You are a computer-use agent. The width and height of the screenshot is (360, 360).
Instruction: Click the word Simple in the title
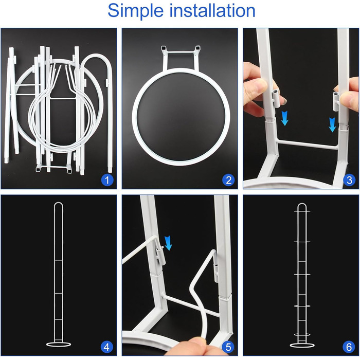(135, 11)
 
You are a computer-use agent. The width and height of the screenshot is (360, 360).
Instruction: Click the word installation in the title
(212, 11)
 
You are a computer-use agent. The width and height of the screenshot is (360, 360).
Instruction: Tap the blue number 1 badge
(107, 180)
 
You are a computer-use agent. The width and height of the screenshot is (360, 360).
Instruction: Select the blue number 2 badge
(228, 180)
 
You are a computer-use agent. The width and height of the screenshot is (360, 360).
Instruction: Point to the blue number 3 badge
(349, 180)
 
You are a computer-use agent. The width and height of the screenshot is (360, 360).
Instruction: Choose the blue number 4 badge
(106, 347)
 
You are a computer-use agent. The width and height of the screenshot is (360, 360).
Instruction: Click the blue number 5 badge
(228, 347)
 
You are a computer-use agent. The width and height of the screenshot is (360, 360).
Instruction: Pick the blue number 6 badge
(349, 347)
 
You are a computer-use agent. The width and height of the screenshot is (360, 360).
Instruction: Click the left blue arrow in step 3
(285, 118)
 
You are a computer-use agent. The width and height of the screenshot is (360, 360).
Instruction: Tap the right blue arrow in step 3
(332, 124)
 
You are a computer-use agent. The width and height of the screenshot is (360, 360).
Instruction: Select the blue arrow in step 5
(168, 243)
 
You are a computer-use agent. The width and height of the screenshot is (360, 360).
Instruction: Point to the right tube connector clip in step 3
(336, 101)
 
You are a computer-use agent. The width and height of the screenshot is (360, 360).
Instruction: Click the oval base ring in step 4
(59, 345)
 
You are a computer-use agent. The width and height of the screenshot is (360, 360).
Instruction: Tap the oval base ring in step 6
(302, 345)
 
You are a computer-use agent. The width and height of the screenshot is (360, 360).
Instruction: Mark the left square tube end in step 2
(164, 48)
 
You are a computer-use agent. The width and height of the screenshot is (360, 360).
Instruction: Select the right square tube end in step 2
(197, 48)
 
